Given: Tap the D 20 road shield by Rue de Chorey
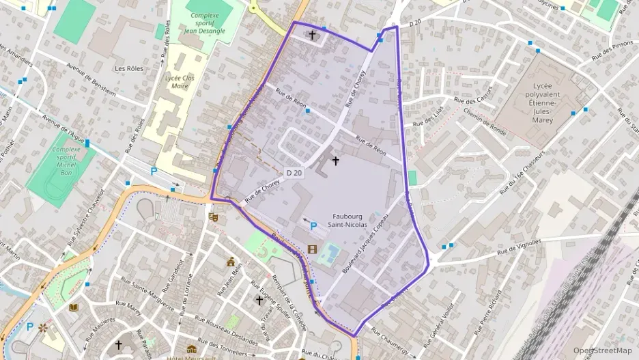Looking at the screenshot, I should [x=294, y=174].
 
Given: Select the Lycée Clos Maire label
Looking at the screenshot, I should [x=180, y=82].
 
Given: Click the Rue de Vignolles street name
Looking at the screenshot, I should [x=519, y=246].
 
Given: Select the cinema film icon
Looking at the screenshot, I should [x=312, y=249].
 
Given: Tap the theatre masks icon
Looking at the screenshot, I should [x=213, y=217].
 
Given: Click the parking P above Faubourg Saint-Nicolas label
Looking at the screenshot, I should [x=313, y=226].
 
